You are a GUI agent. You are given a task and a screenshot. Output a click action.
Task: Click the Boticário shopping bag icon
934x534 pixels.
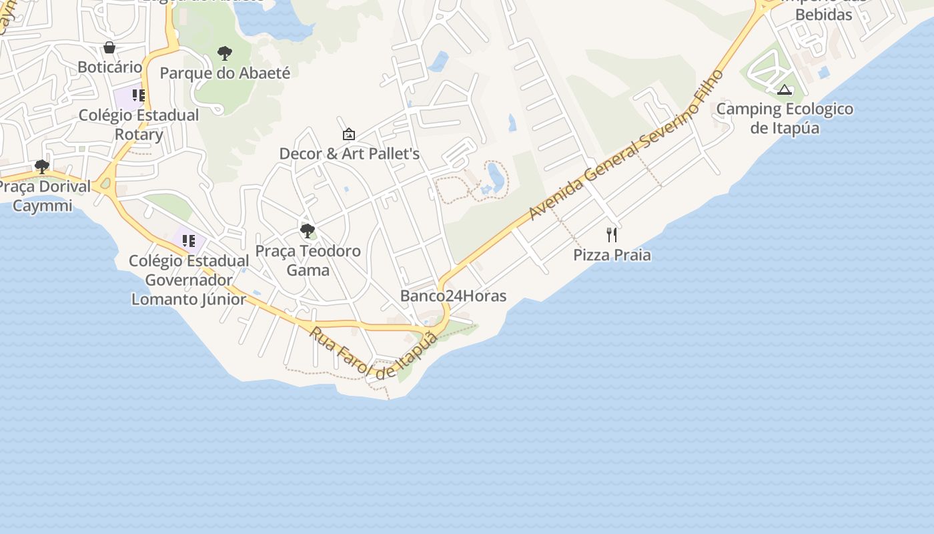109,47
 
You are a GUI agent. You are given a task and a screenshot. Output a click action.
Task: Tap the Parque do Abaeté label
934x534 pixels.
225,73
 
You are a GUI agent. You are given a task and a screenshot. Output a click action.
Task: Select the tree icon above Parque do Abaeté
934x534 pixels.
225,53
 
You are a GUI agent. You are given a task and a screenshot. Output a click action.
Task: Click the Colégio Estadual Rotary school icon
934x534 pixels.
138,95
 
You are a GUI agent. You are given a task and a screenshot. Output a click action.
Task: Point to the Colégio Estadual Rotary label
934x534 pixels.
139,125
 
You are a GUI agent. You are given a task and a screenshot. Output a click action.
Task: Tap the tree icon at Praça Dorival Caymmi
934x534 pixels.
42,166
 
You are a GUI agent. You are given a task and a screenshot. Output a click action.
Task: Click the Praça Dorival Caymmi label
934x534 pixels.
44,196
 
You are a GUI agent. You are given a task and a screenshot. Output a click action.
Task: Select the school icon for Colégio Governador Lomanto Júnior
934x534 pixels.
189,240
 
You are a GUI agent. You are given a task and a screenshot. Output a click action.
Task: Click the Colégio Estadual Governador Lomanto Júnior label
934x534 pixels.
189,280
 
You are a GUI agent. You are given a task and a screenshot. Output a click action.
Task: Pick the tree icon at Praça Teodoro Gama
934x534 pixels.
308,231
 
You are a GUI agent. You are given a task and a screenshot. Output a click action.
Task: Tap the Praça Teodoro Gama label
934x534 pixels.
308,260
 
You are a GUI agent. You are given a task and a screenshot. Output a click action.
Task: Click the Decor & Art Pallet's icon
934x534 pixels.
348,134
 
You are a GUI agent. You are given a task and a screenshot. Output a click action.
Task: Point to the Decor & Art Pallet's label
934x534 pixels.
349,154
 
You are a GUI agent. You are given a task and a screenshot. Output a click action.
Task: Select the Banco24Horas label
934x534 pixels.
453,296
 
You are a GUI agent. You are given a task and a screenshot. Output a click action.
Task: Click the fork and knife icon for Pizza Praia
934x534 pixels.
612,235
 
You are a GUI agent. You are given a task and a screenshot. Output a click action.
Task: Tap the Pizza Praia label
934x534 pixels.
612,255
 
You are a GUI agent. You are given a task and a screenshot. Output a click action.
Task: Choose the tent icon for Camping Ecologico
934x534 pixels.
785,89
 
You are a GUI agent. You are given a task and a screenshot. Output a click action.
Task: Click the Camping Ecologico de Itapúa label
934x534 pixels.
785,118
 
